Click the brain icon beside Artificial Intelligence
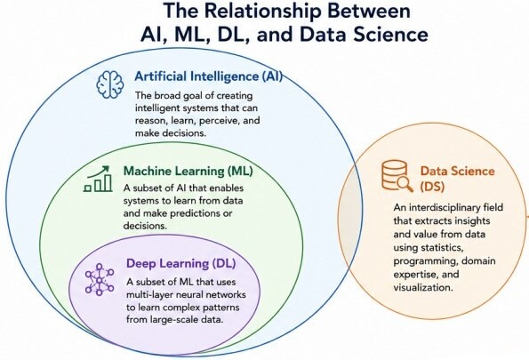[110, 85]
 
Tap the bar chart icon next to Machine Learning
[98, 179]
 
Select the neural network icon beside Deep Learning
[100, 279]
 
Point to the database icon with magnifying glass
[397, 176]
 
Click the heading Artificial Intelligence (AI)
[209, 76]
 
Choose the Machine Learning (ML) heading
[188, 171]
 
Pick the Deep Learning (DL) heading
[180, 263]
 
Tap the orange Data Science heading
[458, 171]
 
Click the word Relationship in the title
[263, 11]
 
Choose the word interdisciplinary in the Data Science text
[458, 207]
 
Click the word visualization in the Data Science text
[423, 287]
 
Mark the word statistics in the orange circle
[441, 248]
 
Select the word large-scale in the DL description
[172, 320]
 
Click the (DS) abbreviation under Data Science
[432, 187]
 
